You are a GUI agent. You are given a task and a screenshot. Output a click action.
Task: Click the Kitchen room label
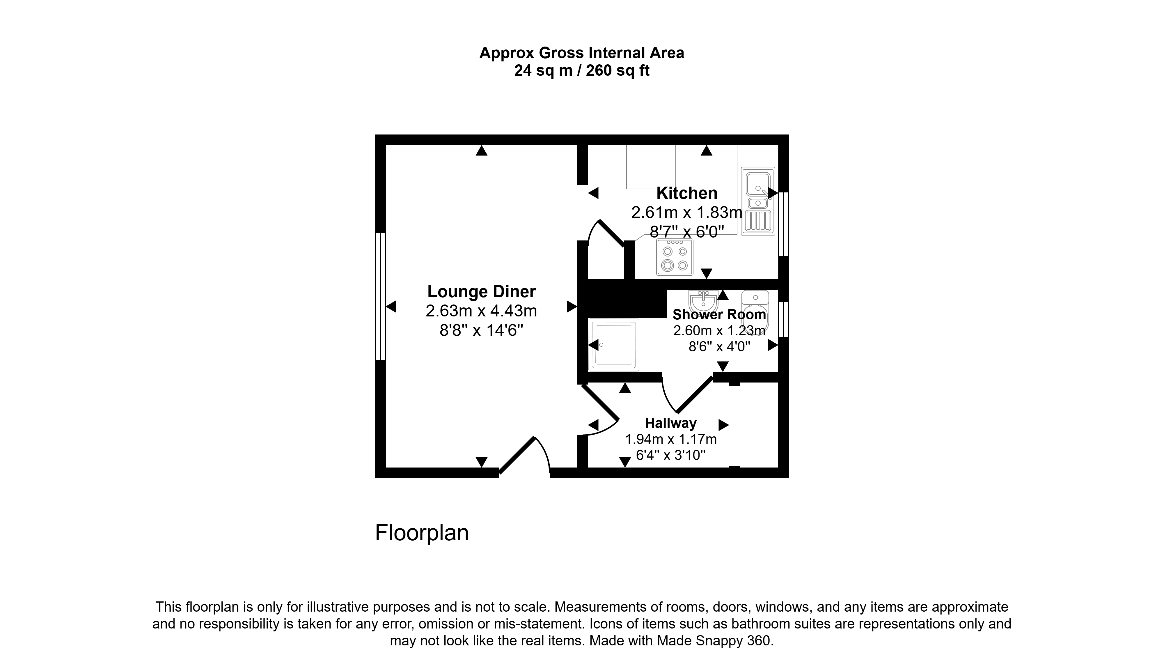click(x=687, y=193)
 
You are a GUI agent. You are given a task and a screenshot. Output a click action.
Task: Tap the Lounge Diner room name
click(x=481, y=291)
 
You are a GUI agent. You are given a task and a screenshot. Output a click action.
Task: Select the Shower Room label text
click(x=719, y=315)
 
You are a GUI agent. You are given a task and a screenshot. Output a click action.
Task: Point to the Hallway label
click(x=671, y=423)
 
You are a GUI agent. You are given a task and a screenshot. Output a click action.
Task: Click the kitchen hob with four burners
click(x=675, y=257)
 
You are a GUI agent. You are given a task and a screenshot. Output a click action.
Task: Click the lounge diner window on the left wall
click(x=380, y=296)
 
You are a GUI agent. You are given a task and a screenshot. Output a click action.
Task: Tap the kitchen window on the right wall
click(x=784, y=224)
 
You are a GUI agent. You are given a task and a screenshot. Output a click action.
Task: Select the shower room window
click(x=784, y=319)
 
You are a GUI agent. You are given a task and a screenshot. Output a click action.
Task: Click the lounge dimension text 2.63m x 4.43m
click(x=481, y=311)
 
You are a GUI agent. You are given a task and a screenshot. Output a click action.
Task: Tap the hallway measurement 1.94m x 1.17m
click(x=671, y=439)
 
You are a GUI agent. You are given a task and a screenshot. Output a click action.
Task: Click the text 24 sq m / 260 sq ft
click(x=582, y=70)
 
